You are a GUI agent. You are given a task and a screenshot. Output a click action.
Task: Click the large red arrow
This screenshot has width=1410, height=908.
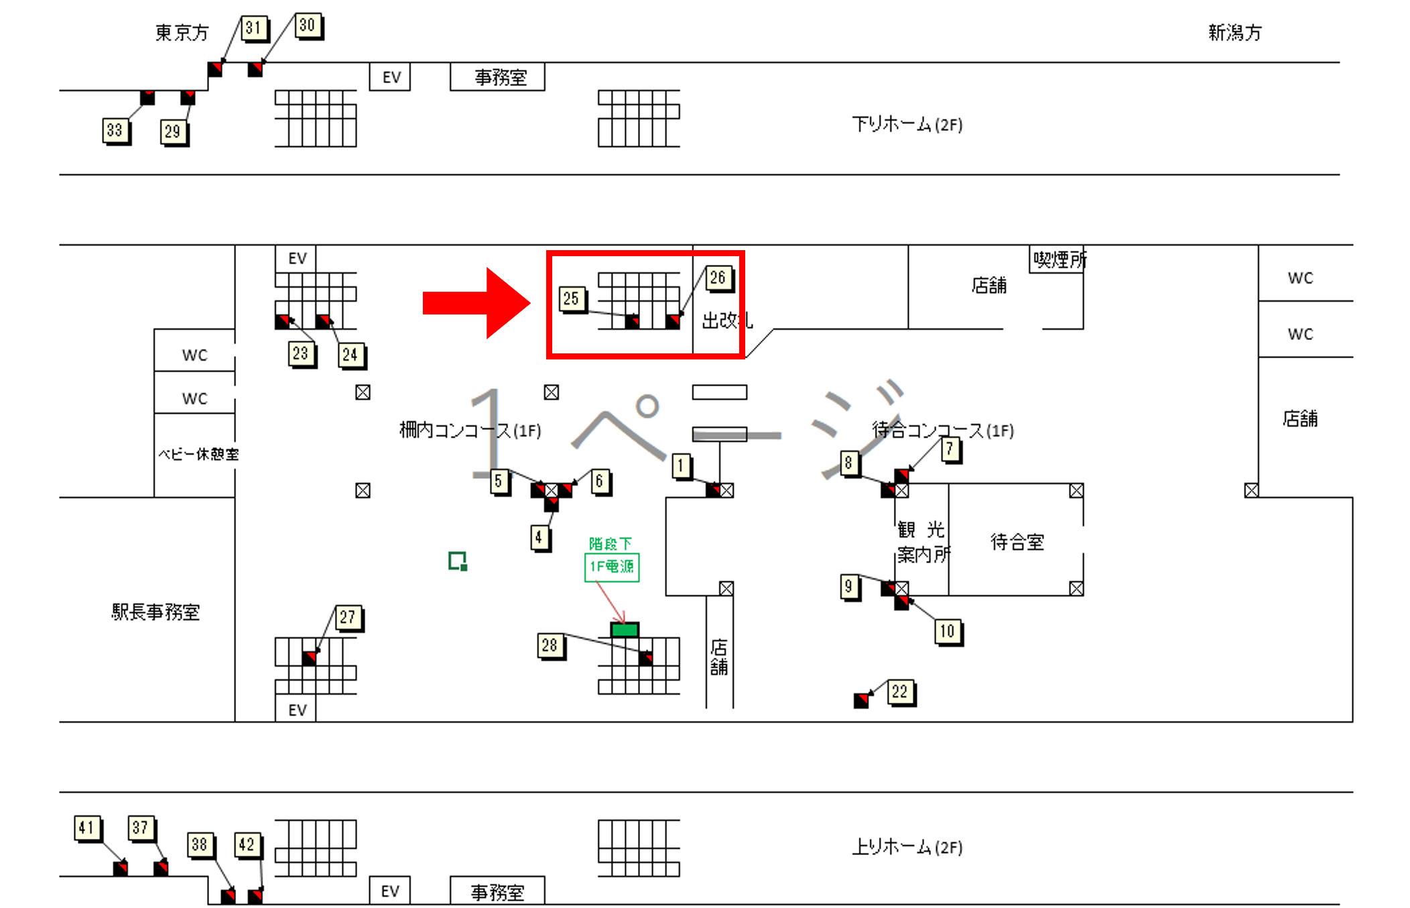click(x=476, y=302)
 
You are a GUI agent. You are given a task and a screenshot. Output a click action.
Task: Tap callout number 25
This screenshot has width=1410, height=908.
click(x=571, y=298)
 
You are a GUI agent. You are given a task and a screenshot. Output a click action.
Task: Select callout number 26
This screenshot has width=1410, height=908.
click(x=718, y=278)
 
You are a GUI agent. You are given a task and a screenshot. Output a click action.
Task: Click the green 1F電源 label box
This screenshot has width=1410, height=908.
click(x=611, y=567)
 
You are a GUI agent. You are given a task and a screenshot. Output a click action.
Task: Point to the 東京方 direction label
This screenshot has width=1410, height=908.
click(x=182, y=32)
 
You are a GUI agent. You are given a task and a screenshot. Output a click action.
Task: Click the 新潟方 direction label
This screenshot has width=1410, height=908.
click(x=1234, y=32)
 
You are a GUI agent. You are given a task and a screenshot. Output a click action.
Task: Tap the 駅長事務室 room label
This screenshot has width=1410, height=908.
click(x=155, y=612)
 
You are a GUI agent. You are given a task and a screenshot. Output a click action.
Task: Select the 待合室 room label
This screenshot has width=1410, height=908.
click(x=1017, y=541)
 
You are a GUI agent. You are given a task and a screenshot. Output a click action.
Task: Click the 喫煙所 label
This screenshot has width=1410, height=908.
click(x=1059, y=260)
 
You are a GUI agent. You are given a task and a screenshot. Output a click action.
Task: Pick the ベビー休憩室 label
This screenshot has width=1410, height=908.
click(x=198, y=454)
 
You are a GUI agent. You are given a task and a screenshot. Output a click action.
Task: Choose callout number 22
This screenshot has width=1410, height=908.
click(x=899, y=691)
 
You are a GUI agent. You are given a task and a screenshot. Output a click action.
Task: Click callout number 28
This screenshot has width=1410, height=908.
click(x=550, y=645)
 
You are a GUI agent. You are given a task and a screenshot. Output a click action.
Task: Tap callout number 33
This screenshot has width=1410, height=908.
click(x=115, y=130)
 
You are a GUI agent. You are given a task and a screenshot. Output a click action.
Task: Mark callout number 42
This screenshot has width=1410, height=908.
click(x=247, y=844)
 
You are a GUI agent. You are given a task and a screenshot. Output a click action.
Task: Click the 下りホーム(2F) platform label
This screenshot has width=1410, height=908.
click(x=907, y=124)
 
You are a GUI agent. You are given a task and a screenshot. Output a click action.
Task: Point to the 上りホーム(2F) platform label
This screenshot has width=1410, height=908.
click(x=907, y=847)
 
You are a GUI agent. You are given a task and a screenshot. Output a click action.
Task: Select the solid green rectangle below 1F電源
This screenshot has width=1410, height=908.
click(x=625, y=629)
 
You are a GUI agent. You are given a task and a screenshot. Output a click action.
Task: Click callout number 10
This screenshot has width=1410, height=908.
click(x=947, y=631)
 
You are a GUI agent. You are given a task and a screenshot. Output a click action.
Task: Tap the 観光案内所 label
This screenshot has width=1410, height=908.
click(x=922, y=542)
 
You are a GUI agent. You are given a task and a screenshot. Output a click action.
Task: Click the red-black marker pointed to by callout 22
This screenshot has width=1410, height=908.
click(x=861, y=701)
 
